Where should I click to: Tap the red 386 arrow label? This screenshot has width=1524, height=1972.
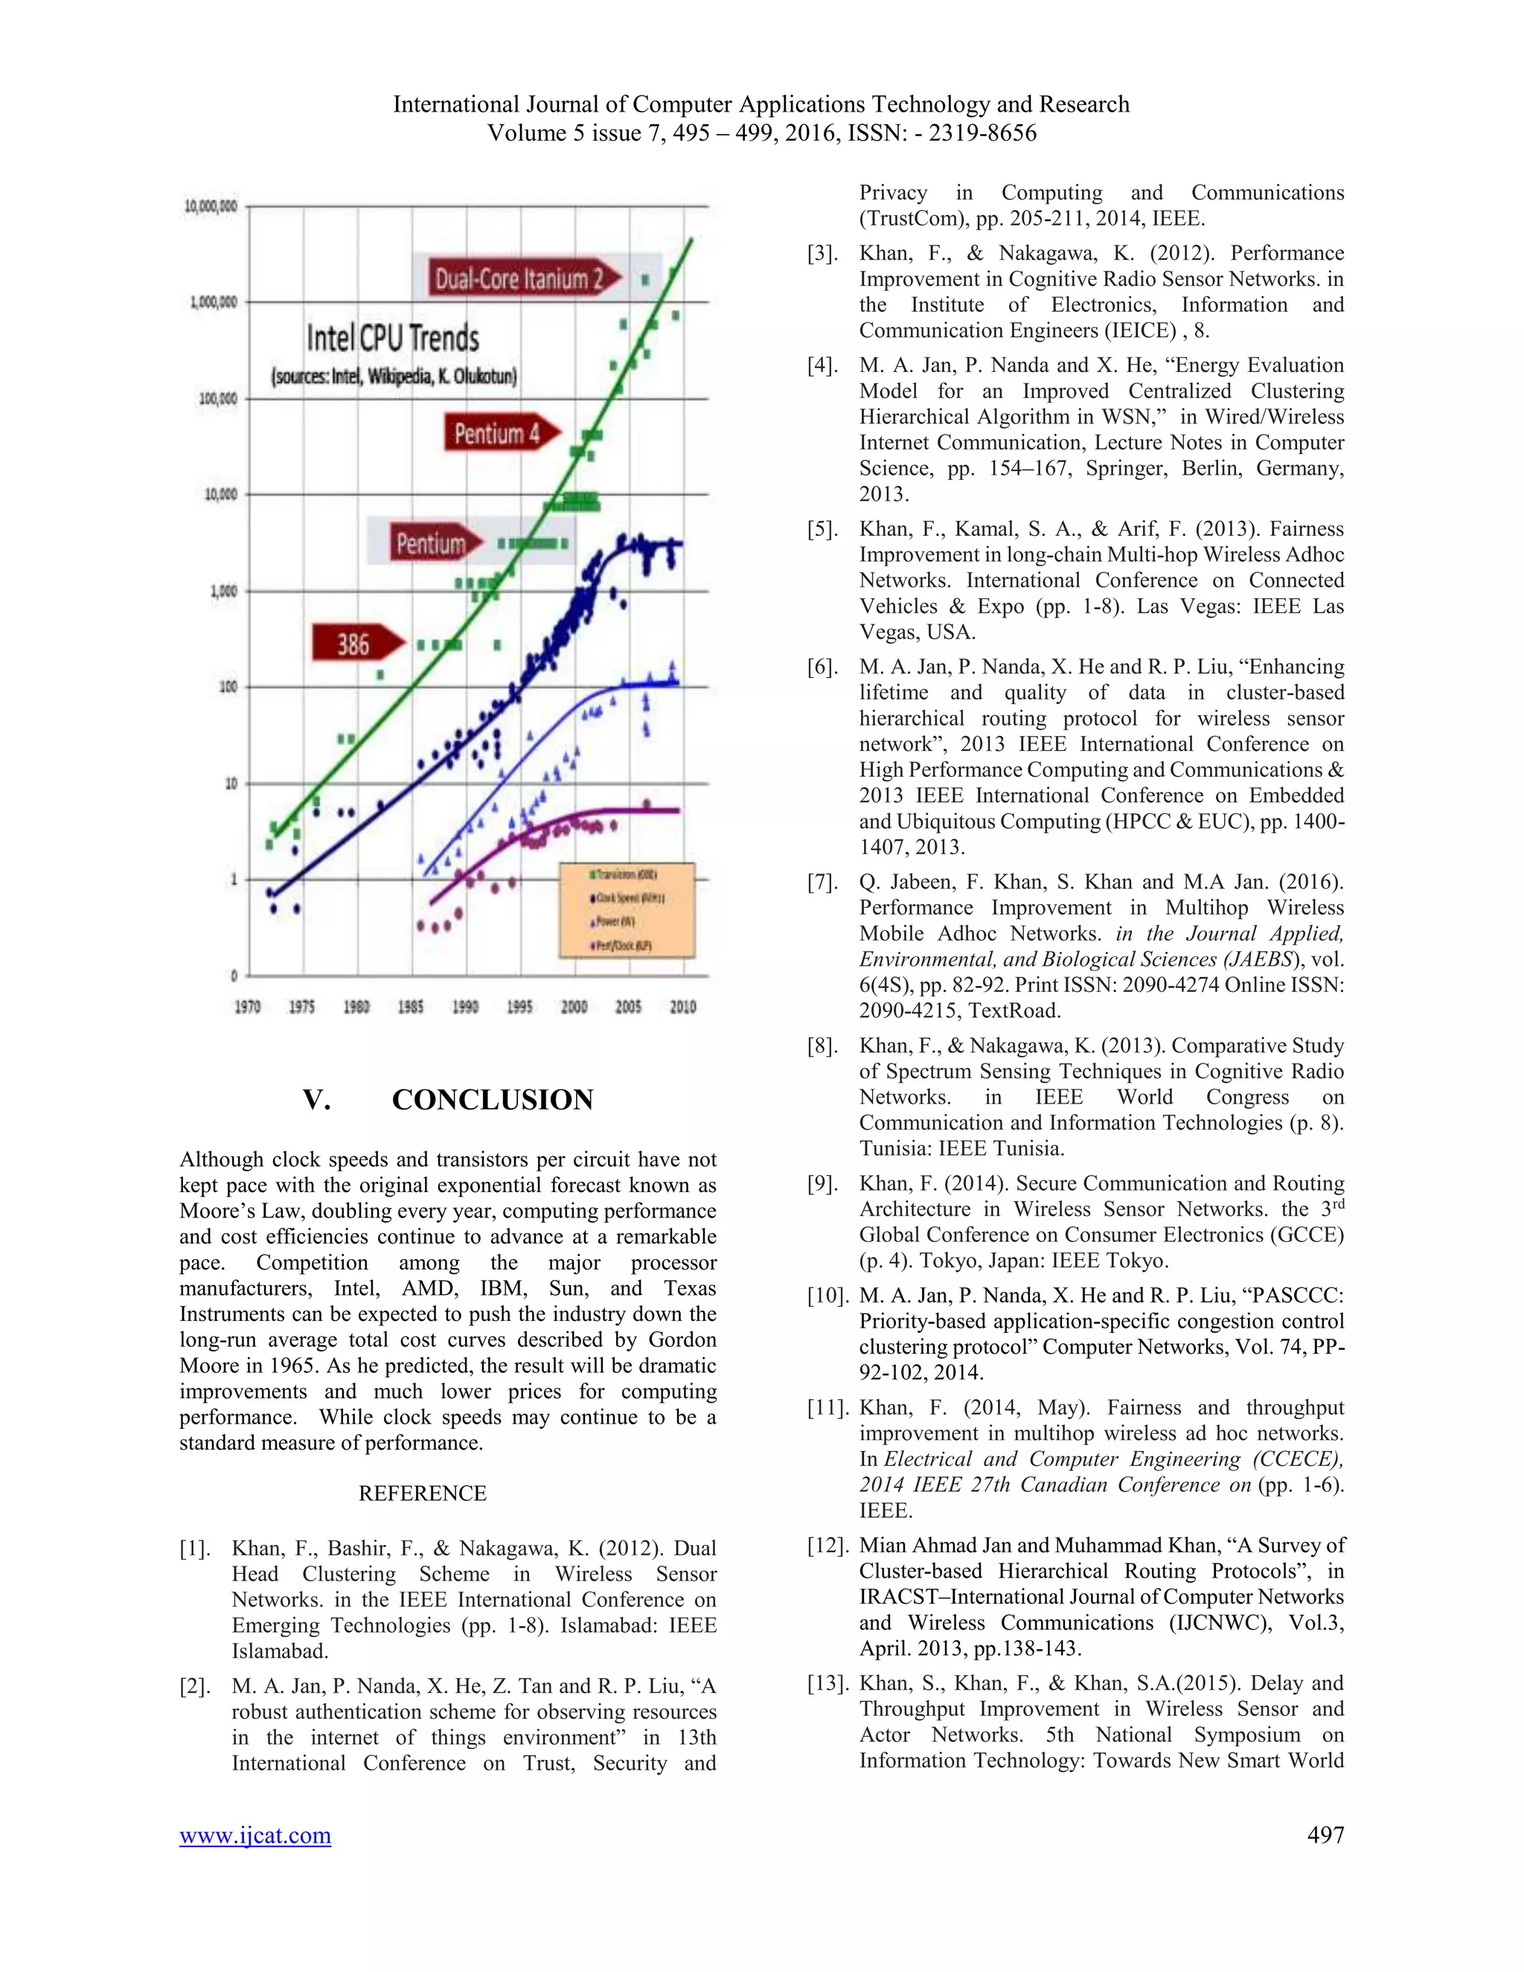point(355,644)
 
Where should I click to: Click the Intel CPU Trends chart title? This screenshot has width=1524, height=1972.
point(393,339)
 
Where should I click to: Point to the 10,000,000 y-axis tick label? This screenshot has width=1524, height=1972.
point(211,207)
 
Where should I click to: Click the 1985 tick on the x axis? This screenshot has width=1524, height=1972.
point(411,1007)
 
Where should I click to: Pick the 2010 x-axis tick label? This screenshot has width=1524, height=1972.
point(682,1007)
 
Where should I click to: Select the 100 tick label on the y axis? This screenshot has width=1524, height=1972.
point(228,687)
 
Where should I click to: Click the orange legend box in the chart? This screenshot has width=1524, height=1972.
point(627,909)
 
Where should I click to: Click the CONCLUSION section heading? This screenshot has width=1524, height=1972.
point(492,1100)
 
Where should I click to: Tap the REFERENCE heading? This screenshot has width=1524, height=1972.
point(422,1494)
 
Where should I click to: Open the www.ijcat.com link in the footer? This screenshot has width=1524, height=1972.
point(254,1836)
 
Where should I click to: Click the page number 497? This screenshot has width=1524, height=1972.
point(1325,1836)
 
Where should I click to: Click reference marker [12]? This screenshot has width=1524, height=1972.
point(827,1546)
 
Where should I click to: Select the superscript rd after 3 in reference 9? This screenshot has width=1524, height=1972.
point(1337,1203)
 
